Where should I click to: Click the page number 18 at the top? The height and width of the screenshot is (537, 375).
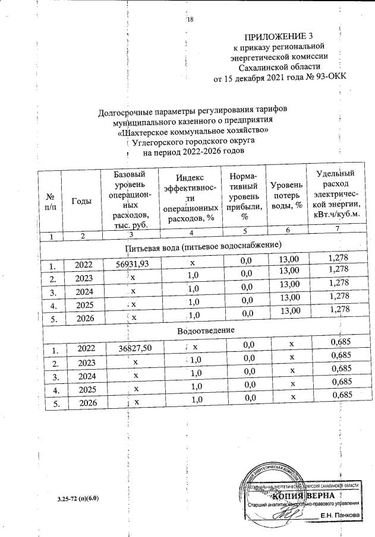click(x=191, y=20)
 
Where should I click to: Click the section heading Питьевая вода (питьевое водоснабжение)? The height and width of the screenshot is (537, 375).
click(x=203, y=244)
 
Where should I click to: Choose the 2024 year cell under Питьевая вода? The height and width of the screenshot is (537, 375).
click(x=83, y=291)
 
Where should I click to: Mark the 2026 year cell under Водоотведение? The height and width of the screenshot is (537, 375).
click(x=84, y=403)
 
